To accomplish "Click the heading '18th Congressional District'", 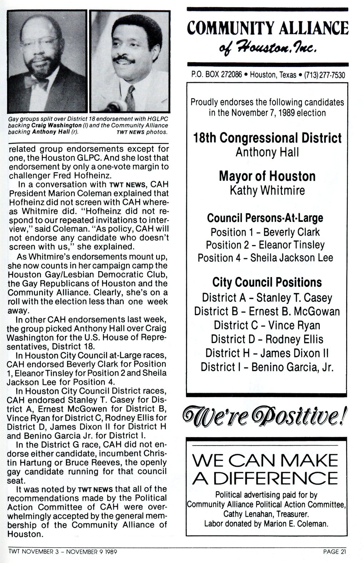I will tap(267, 138).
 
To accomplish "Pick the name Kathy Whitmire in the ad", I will tap(267, 190).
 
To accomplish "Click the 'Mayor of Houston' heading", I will tap(267, 176).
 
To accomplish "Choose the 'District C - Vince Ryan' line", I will tap(267, 325).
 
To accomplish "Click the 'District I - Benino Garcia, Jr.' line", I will tap(267, 367).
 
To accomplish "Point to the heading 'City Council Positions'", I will tap(267, 283).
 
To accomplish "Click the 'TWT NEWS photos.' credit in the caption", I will tap(142, 132).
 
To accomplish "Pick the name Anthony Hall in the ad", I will tap(267, 152).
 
